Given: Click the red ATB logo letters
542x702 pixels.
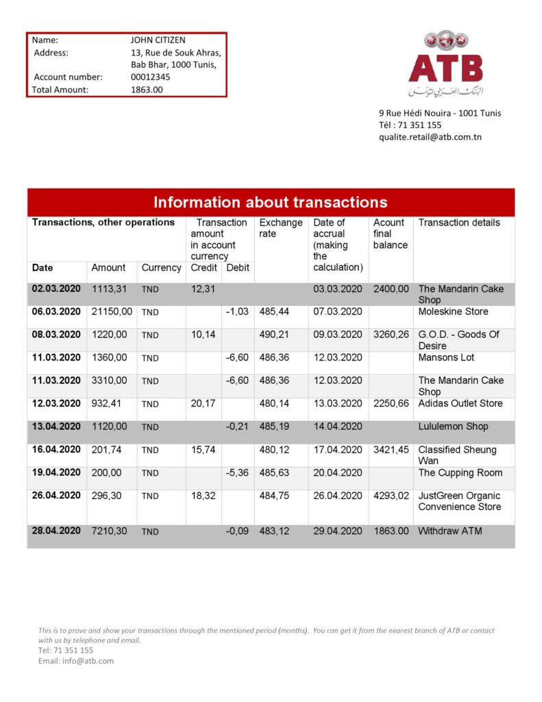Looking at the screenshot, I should pyautogui.click(x=445, y=68).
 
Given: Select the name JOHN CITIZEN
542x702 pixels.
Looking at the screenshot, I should pyautogui.click(x=158, y=40).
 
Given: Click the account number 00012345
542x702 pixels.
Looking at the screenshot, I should pyautogui.click(x=151, y=77).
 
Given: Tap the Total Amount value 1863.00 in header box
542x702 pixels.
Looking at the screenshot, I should pyautogui.click(x=147, y=90).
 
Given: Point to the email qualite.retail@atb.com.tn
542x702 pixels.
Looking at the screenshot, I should pyautogui.click(x=430, y=137).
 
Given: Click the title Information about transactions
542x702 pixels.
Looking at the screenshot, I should pyautogui.click(x=271, y=202).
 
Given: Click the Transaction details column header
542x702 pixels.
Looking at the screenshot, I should pyautogui.click(x=459, y=223).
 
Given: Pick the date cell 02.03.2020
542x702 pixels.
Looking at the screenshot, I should pyautogui.click(x=56, y=289).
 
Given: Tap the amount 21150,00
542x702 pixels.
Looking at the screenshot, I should pyautogui.click(x=112, y=312).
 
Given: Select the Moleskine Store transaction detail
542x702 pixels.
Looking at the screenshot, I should pyautogui.click(x=453, y=312).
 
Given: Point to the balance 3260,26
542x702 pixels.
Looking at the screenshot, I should pyautogui.click(x=391, y=335).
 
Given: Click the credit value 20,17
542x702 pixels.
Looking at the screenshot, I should pyautogui.click(x=203, y=404).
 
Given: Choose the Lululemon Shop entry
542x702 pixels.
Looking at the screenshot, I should pyautogui.click(x=453, y=426).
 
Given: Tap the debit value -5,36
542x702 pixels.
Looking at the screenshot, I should pyautogui.click(x=237, y=473).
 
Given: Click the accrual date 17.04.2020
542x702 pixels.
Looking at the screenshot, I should pyautogui.click(x=337, y=450).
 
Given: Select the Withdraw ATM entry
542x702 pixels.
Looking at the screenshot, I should pyautogui.click(x=449, y=531).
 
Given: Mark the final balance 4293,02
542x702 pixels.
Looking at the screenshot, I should pyautogui.click(x=391, y=496).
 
